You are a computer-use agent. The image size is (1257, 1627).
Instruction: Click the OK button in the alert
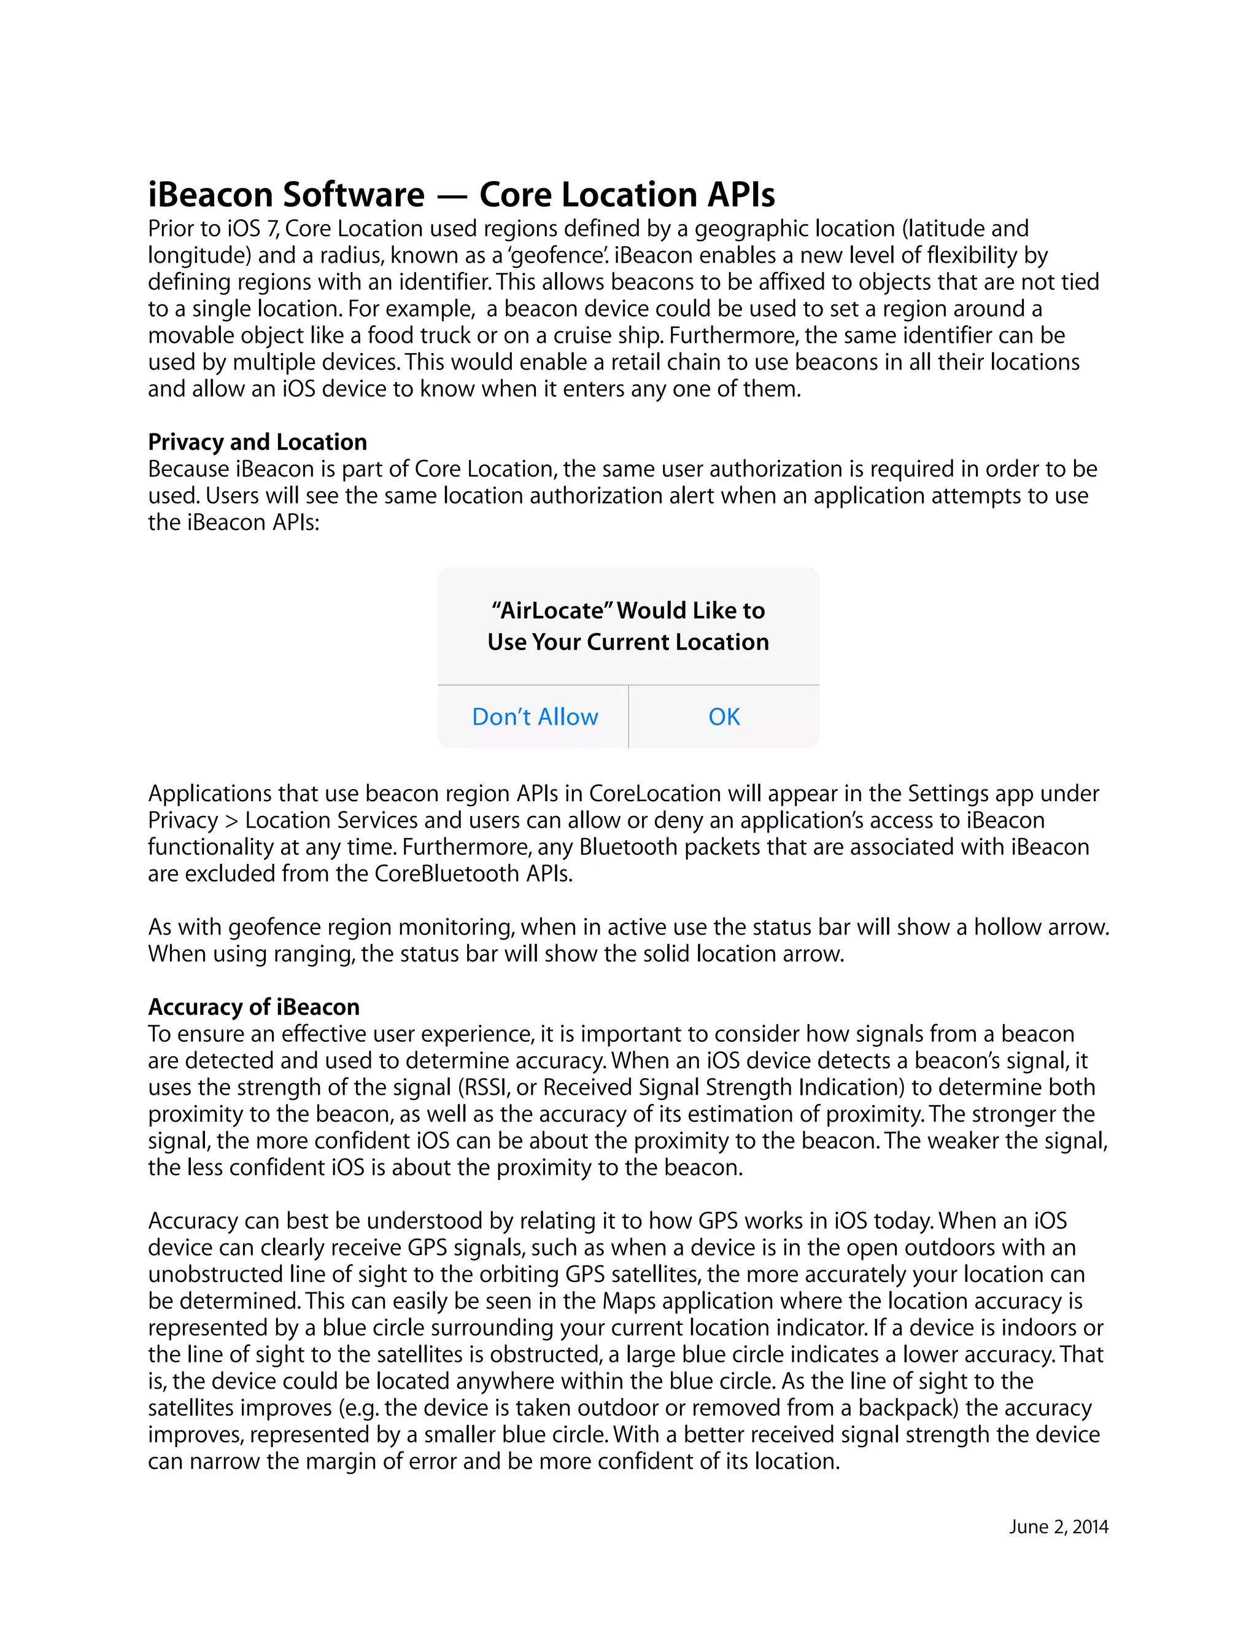point(724,716)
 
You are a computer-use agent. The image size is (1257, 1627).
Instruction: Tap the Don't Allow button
point(535,716)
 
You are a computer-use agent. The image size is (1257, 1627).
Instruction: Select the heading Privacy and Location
point(257,442)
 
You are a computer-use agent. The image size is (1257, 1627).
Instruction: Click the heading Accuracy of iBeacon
point(253,1006)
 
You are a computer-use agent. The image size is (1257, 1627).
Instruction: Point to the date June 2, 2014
point(1058,1526)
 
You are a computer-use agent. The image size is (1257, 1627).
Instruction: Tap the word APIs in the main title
point(741,195)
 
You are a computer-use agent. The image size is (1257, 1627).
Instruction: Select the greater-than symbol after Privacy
point(231,820)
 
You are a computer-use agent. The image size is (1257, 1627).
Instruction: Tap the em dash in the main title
point(451,196)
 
